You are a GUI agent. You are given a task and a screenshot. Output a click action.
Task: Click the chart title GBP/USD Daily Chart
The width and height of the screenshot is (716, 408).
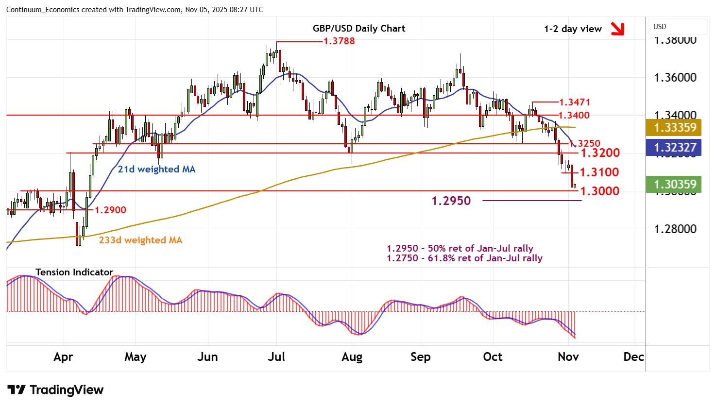coord(359,28)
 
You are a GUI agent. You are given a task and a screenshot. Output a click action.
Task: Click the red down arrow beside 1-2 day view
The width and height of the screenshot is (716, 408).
coord(617,29)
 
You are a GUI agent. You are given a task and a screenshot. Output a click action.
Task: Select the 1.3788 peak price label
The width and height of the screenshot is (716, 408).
coord(339,41)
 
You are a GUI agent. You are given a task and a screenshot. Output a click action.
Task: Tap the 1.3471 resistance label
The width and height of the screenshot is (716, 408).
coord(574,102)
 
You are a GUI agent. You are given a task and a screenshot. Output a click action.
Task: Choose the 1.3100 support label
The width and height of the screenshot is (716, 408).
coord(599,172)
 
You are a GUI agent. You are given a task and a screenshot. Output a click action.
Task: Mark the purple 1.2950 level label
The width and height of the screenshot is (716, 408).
coord(451,201)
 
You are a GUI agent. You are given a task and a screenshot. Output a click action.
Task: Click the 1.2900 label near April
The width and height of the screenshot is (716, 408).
coord(110,210)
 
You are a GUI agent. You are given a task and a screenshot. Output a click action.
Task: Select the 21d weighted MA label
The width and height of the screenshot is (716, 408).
coord(156,169)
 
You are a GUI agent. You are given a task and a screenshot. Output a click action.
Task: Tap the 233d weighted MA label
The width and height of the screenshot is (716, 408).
coord(140,240)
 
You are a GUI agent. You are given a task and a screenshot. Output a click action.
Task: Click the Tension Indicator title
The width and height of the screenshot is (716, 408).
coord(74,272)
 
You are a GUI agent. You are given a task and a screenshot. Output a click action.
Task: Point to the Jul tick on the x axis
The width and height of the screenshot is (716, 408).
coord(276,357)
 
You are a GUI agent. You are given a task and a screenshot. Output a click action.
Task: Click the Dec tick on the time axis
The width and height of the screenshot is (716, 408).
coord(633,357)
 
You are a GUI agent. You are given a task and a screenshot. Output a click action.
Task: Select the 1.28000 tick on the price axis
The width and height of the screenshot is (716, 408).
coord(675,229)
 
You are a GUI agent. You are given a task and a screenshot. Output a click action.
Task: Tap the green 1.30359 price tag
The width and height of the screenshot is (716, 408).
coord(675,184)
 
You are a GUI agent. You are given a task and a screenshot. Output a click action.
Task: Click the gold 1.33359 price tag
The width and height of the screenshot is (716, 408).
coord(675,127)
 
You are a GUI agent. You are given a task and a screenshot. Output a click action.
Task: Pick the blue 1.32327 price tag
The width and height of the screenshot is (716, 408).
coord(675,147)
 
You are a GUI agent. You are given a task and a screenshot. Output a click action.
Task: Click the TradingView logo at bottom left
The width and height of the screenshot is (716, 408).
coord(55,390)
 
